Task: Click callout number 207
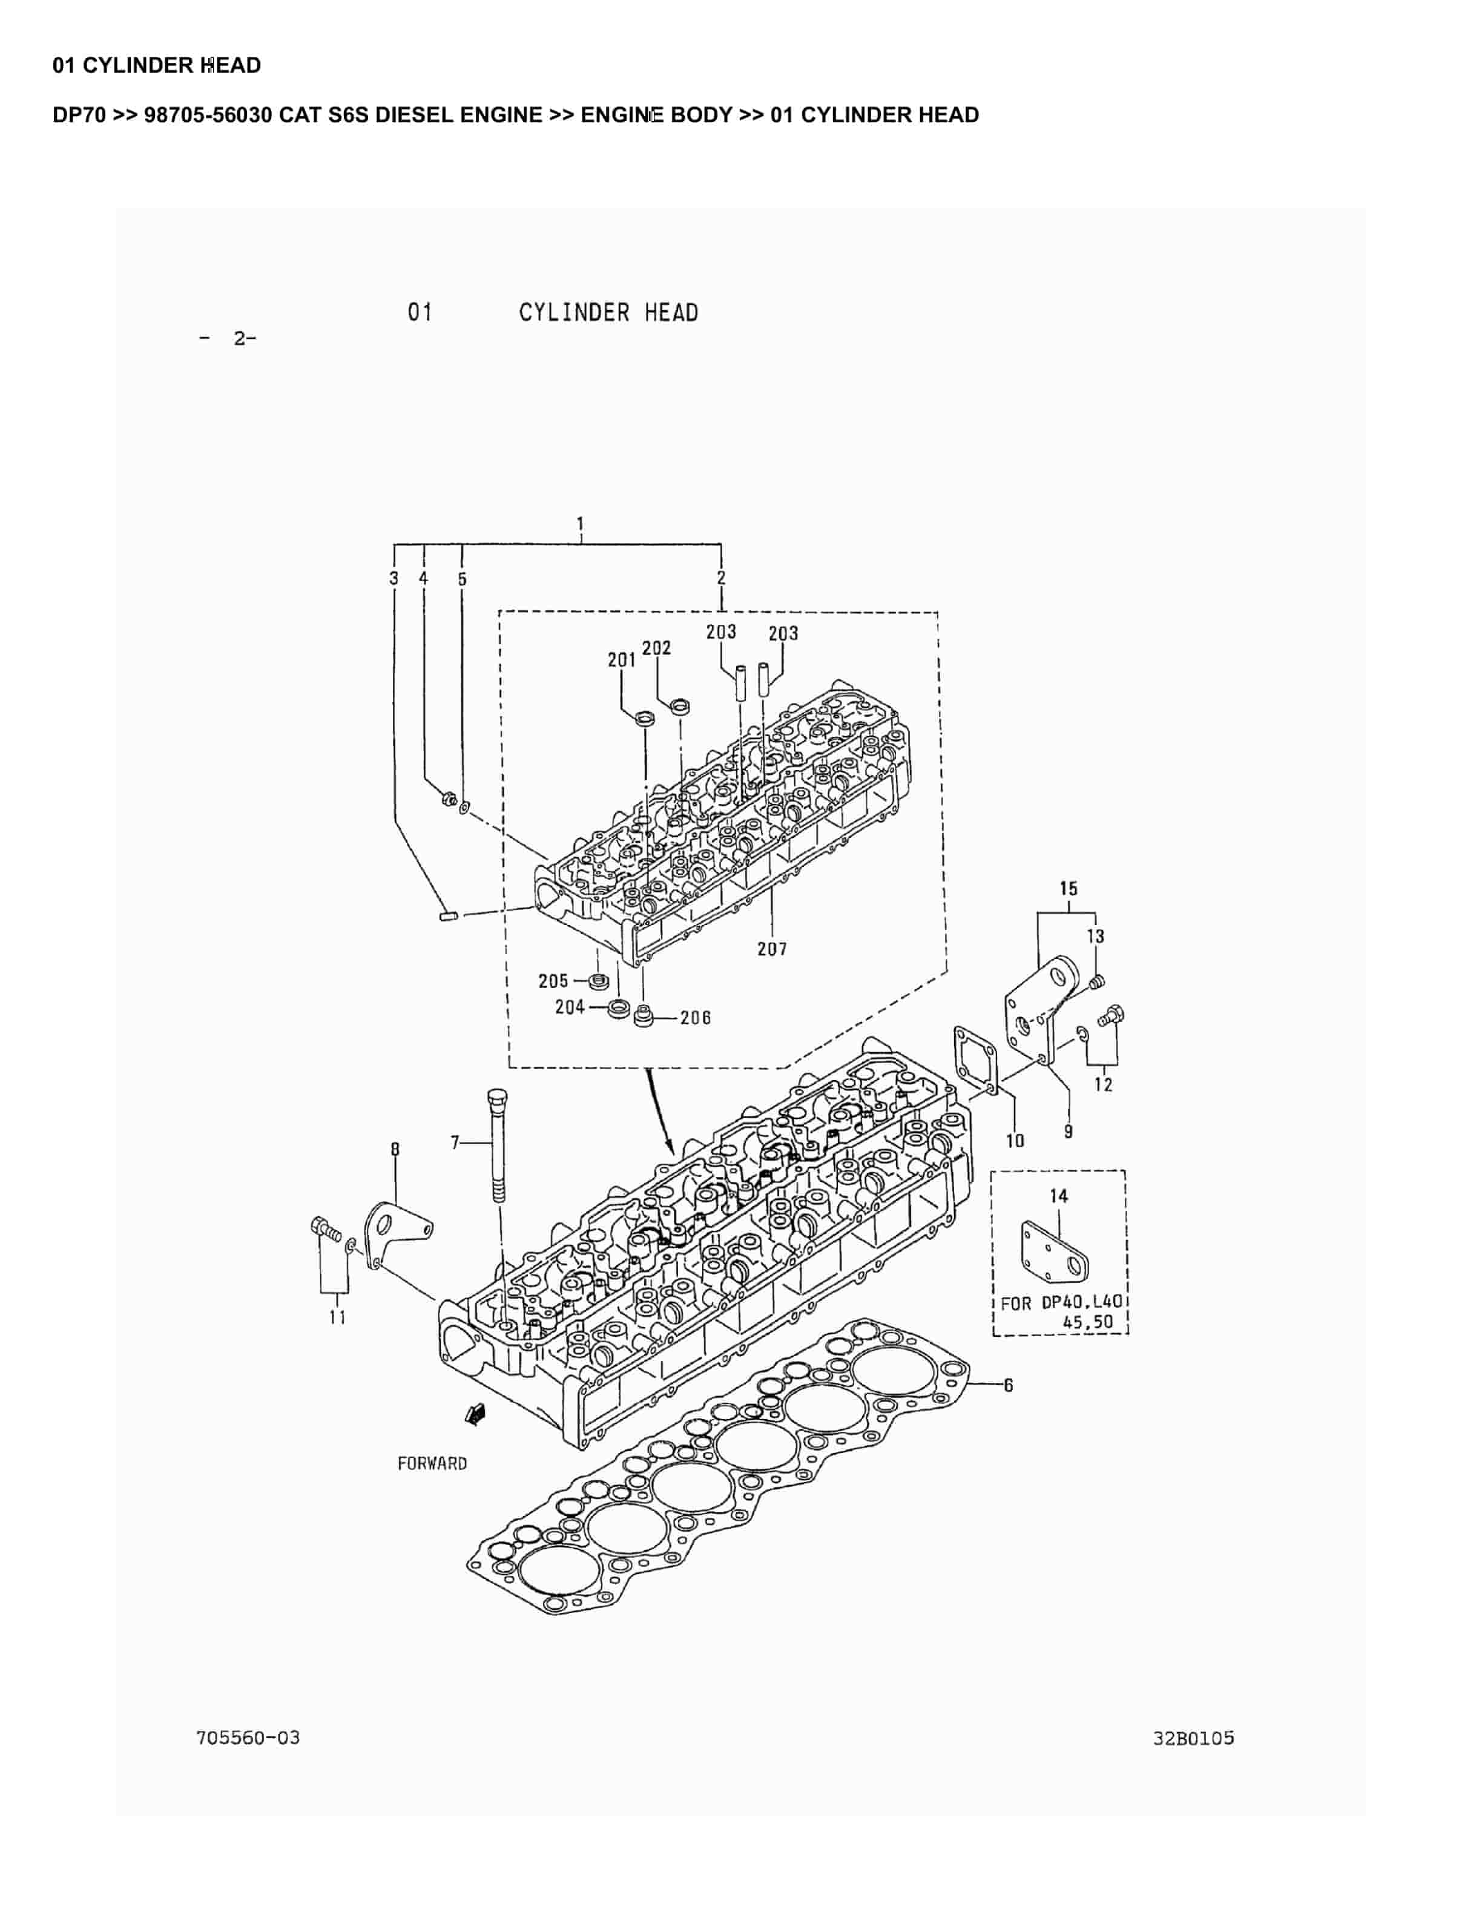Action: point(772,949)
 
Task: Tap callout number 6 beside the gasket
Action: point(1009,1385)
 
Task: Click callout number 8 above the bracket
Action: point(395,1148)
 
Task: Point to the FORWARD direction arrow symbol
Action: point(475,1413)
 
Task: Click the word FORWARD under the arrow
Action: point(432,1463)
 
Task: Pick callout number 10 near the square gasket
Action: point(1015,1141)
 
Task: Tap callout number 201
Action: point(622,659)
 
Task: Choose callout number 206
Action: point(696,1018)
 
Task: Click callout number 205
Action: point(553,980)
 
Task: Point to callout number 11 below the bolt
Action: point(337,1317)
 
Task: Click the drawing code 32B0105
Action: point(1193,1738)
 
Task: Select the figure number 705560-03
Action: point(248,1738)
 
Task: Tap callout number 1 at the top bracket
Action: point(581,524)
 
